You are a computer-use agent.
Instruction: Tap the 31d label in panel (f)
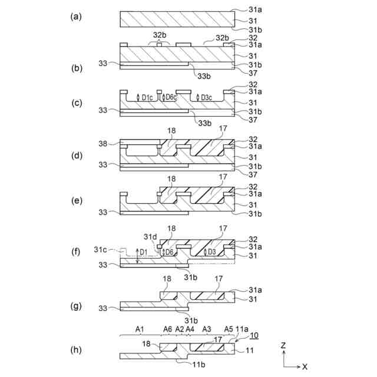click(x=150, y=236)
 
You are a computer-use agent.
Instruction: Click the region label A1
click(x=140, y=328)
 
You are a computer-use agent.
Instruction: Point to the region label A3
click(x=206, y=328)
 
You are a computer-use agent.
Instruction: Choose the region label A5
click(x=229, y=328)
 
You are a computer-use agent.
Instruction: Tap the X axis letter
click(x=305, y=366)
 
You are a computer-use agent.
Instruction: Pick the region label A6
click(x=168, y=328)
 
